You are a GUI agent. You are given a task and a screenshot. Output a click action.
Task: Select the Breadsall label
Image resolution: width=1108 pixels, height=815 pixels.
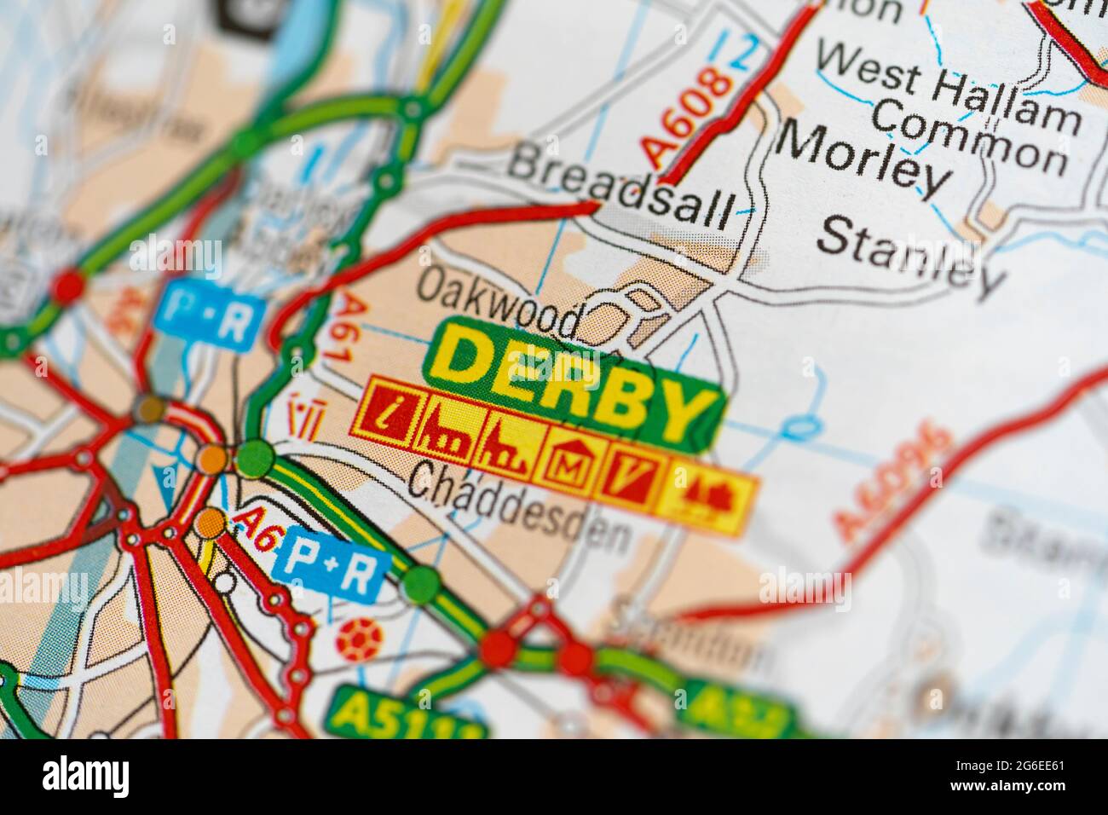620,184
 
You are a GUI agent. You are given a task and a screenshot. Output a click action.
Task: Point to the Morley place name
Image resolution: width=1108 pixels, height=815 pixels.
864,157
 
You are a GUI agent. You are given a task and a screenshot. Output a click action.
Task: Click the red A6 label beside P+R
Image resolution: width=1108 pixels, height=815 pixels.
257,529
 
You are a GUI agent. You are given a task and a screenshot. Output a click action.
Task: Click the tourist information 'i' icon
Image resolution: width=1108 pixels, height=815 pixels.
389,413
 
